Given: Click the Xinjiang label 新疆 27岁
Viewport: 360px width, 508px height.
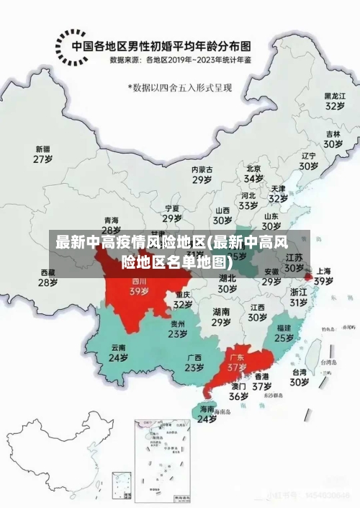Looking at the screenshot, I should [x=43, y=154].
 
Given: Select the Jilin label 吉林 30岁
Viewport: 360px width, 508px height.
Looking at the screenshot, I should [x=332, y=139].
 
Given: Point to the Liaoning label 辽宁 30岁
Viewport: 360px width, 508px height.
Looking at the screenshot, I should [x=309, y=161].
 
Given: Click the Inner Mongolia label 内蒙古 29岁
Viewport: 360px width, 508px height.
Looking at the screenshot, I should [x=202, y=174].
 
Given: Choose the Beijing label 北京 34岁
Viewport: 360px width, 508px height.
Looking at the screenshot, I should [x=253, y=174].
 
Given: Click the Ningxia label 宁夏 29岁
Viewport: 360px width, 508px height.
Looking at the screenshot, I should [x=172, y=213].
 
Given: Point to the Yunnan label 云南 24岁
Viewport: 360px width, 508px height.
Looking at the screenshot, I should [x=118, y=352].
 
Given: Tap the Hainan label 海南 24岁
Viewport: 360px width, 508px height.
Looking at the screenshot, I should [x=207, y=414].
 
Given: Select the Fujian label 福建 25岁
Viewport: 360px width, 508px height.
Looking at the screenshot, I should [x=284, y=332].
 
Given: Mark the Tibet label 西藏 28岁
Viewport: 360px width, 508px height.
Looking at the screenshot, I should [x=48, y=277].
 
